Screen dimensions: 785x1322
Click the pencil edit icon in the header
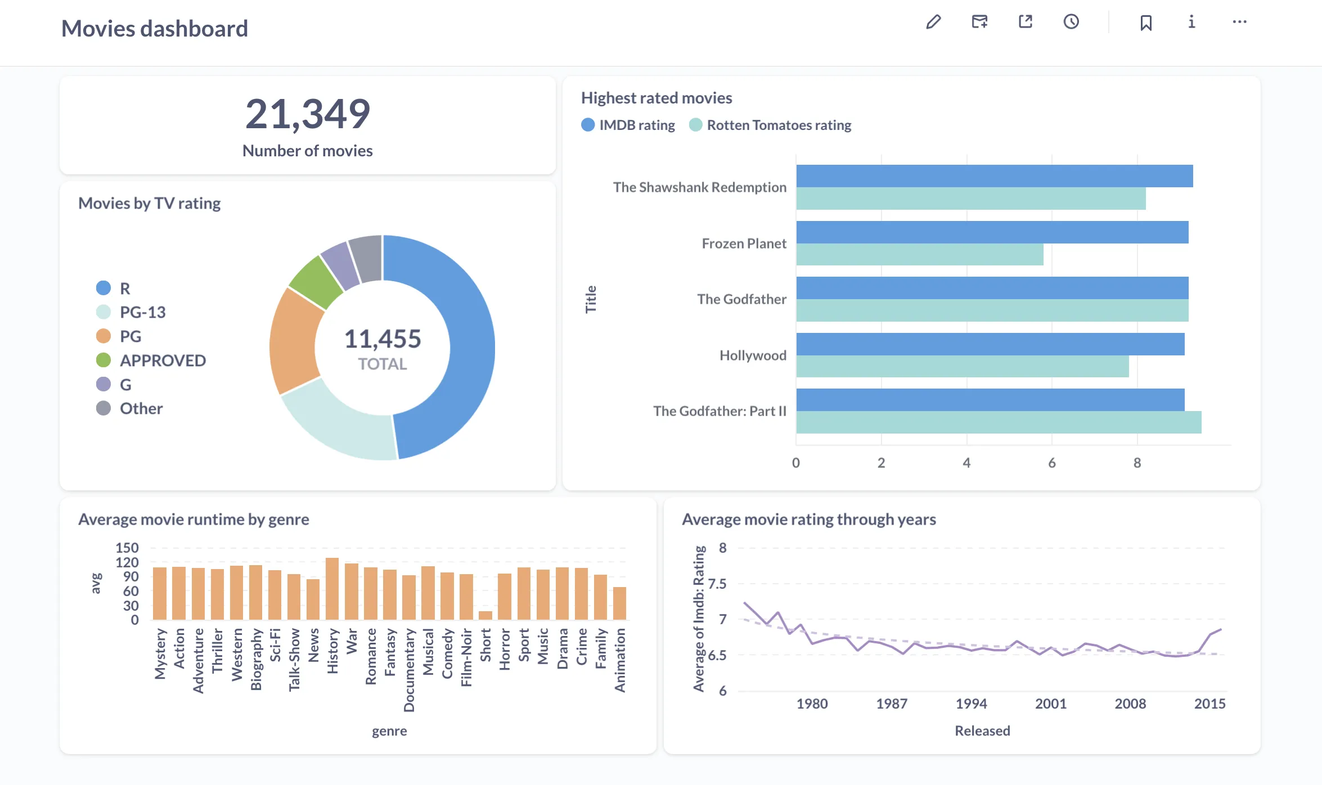coord(933,22)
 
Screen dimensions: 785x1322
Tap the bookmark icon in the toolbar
coord(1146,22)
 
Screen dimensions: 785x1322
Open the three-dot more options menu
coord(1239,22)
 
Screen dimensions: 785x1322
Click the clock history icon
coord(1071,22)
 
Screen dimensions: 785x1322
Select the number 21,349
coord(308,114)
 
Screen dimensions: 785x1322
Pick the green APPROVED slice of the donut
coord(315,282)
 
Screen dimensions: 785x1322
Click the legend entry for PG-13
coord(142,312)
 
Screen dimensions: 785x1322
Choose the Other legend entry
coord(141,408)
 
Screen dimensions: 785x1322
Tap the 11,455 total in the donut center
coord(383,339)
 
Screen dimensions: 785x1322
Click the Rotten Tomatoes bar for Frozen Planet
coord(919,255)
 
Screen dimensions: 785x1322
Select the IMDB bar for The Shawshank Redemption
coord(994,176)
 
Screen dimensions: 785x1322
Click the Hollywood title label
coord(753,355)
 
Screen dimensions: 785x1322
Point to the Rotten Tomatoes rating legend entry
coord(778,125)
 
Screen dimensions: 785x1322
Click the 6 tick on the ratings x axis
coord(1051,463)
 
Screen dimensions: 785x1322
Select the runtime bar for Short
coord(485,615)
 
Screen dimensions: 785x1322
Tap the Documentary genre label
coord(409,670)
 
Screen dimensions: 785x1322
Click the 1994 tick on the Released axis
coord(971,703)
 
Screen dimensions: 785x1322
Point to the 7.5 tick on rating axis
coord(717,584)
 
